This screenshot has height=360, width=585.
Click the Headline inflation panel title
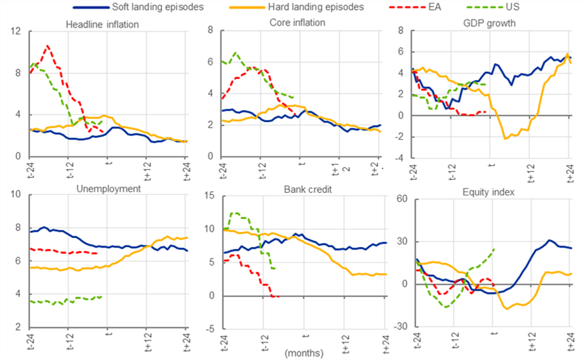click(x=102, y=23)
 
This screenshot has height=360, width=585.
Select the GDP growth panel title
click(x=492, y=23)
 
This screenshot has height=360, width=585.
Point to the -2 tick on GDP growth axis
click(x=398, y=137)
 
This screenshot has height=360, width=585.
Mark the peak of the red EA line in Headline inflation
click(x=47, y=46)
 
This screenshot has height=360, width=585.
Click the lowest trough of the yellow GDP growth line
click(x=505, y=138)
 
